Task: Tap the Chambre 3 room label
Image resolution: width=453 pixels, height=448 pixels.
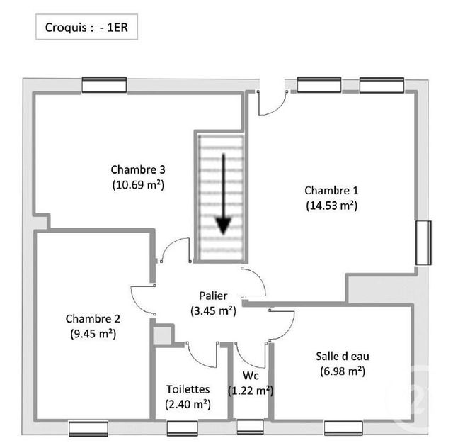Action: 138,169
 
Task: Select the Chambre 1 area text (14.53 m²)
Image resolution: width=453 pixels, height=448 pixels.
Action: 331,206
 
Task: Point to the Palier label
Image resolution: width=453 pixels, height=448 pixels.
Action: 213,296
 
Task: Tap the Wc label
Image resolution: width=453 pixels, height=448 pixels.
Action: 251,376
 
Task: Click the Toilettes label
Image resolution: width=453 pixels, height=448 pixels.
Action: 188,389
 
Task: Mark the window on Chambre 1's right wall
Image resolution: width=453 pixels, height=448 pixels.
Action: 423,243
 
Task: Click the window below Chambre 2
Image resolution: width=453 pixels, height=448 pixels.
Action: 88,428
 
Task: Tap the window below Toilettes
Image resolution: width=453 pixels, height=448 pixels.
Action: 182,428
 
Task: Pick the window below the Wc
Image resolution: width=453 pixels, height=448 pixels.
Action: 250,427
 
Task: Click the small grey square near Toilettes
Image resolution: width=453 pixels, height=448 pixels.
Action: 164,335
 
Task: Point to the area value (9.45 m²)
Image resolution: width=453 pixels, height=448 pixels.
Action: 93,333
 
